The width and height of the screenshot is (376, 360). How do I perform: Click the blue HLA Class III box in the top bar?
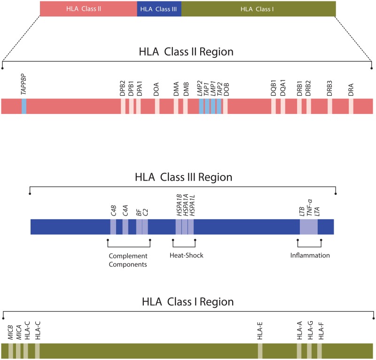(x=159, y=8)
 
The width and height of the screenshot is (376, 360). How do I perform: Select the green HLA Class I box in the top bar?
(x=258, y=8)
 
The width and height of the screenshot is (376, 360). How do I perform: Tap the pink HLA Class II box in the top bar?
(x=88, y=8)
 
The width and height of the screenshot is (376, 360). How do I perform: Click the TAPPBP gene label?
(x=23, y=88)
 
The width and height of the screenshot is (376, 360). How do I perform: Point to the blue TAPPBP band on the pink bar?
(x=24, y=106)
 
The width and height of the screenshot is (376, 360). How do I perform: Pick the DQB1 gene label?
(x=274, y=88)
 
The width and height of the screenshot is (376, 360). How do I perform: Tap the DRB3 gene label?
(x=330, y=88)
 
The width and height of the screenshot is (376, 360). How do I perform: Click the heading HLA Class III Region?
(x=183, y=177)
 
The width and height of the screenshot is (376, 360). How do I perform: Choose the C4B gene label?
(x=113, y=208)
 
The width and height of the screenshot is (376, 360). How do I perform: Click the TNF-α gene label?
(x=310, y=207)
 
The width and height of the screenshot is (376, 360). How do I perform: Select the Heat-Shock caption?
(x=186, y=256)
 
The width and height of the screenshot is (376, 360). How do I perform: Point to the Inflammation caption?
(x=310, y=256)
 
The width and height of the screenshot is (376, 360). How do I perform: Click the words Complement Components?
(x=128, y=260)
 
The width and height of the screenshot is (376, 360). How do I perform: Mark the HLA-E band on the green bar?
(x=260, y=351)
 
